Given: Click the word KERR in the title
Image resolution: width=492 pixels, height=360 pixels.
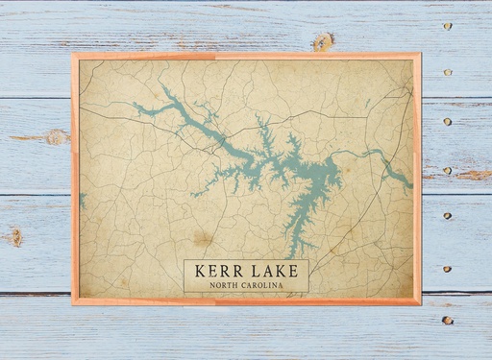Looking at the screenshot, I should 218,272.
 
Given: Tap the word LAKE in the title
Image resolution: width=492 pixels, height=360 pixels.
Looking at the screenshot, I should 273,272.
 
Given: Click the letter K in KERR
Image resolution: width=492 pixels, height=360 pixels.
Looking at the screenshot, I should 201,272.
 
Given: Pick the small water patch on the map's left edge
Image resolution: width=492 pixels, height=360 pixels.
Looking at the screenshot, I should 83,200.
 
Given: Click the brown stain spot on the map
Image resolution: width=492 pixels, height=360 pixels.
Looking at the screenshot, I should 202,236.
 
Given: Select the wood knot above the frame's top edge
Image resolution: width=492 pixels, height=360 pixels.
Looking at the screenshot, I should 324,41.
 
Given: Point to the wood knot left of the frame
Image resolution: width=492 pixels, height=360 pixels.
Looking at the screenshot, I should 55,137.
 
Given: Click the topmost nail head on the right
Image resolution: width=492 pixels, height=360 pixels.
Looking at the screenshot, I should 447,26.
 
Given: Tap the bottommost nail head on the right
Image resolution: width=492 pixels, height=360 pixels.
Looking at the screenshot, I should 447,320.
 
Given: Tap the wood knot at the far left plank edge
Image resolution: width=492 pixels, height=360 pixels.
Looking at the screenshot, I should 13,236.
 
